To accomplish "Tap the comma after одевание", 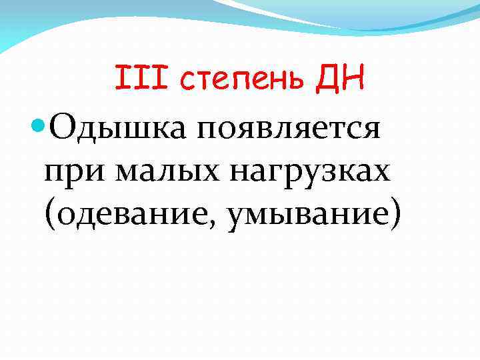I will (x=217, y=222).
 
